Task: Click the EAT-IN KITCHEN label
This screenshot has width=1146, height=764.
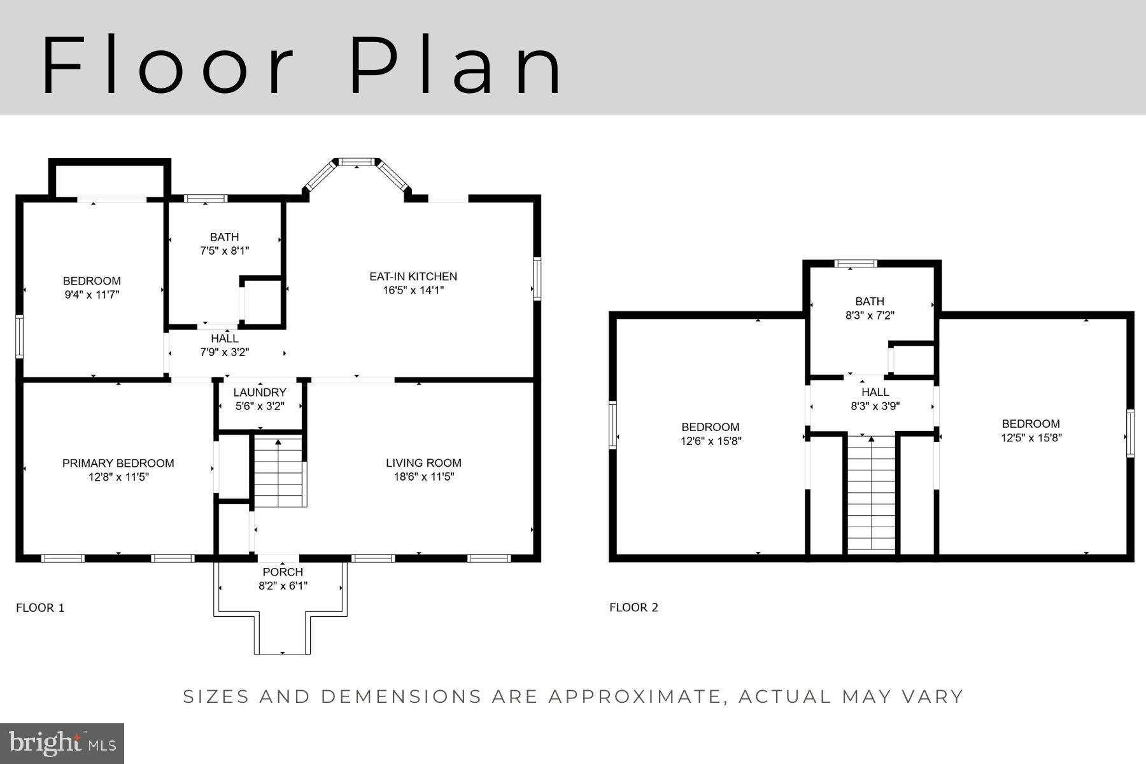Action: [x=413, y=276]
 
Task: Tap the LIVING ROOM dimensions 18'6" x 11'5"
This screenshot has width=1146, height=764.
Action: [x=423, y=477]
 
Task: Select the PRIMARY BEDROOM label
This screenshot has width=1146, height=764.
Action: [x=118, y=463]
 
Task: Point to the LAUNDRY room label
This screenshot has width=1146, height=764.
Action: [x=259, y=392]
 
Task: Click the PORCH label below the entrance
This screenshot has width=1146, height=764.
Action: [x=283, y=572]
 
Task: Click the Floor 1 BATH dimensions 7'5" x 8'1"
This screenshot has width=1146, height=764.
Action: [x=224, y=251]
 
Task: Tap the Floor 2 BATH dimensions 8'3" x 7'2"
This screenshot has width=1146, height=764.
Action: [x=870, y=315]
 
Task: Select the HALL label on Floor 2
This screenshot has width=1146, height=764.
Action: [x=875, y=392]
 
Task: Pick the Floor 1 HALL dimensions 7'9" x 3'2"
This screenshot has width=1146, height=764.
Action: [x=224, y=351]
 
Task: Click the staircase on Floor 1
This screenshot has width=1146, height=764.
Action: [x=278, y=471]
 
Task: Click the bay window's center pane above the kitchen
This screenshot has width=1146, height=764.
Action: [x=357, y=162]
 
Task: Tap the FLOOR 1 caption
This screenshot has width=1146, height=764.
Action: [x=40, y=607]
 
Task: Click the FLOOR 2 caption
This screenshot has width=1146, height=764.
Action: [x=633, y=607]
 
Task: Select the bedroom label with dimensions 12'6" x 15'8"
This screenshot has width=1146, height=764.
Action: [x=711, y=427]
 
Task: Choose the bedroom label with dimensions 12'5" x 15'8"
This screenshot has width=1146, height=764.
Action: [x=1031, y=423]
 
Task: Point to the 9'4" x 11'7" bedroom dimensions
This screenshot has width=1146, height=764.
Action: [x=91, y=295]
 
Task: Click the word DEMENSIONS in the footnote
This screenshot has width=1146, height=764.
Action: [x=400, y=697]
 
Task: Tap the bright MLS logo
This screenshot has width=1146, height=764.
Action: [x=62, y=744]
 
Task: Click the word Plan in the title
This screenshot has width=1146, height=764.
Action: [x=455, y=66]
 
